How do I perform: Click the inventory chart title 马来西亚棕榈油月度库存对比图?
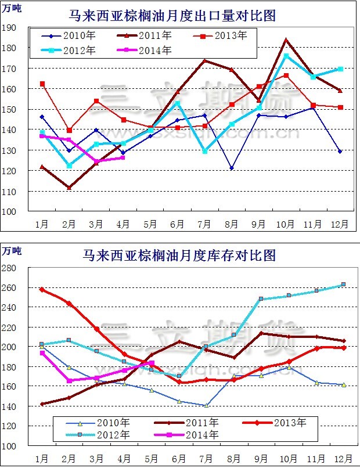(179, 255)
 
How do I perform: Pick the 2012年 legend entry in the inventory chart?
(106, 434)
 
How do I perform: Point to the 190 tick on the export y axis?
(9, 28)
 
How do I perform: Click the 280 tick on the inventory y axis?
(10, 268)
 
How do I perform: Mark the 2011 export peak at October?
(286, 40)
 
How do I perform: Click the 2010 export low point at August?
(231, 168)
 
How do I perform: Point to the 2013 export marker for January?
(42, 84)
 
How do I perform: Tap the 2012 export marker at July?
(204, 151)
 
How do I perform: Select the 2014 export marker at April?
(123, 157)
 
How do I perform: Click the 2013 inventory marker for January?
(42, 289)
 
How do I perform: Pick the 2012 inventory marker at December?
(343, 285)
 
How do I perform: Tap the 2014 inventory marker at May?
(152, 363)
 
